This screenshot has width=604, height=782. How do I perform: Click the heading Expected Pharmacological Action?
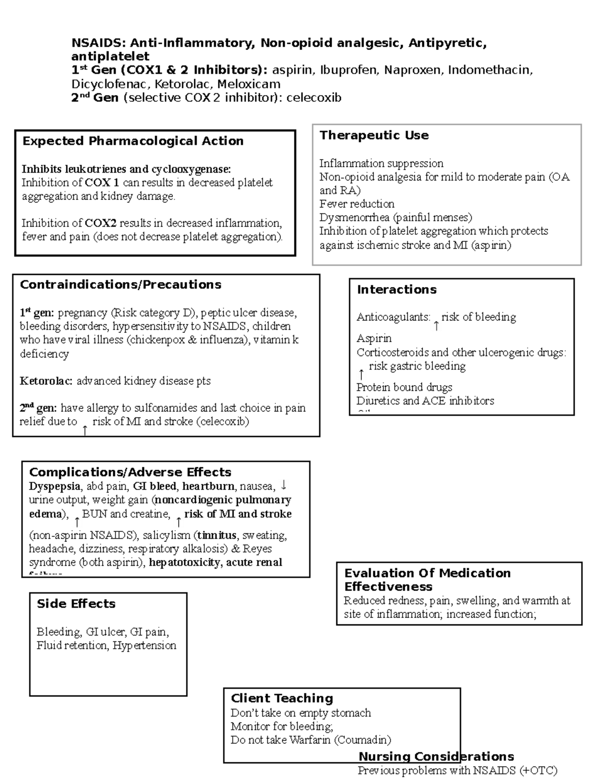(x=133, y=141)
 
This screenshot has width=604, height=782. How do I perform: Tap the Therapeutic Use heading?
(x=374, y=135)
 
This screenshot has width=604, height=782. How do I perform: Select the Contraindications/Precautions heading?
(x=120, y=285)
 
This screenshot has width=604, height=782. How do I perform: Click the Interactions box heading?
(x=397, y=290)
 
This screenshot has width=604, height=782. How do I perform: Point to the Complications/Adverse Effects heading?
(x=130, y=472)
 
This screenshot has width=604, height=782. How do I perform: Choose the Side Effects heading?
(x=76, y=604)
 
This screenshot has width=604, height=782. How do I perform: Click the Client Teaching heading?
(x=282, y=698)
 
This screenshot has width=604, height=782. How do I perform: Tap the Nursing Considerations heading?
(x=436, y=757)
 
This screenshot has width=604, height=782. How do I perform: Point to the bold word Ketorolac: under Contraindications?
(x=46, y=381)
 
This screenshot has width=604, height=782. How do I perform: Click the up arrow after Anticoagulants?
(x=436, y=326)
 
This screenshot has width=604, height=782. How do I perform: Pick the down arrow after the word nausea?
(x=284, y=485)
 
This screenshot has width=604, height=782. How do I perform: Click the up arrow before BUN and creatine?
(x=77, y=522)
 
